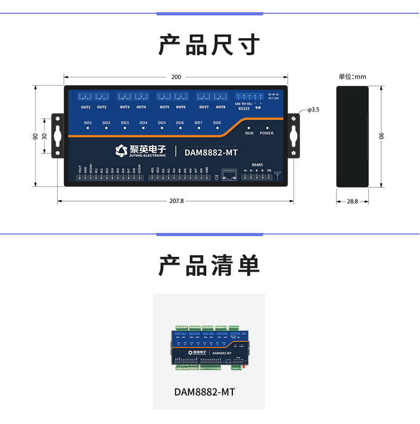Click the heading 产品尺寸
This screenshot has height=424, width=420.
[x=209, y=45]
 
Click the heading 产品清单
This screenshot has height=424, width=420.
[x=209, y=265]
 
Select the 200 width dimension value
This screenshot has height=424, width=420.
[x=176, y=77]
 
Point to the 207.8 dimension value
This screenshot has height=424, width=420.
[x=176, y=201]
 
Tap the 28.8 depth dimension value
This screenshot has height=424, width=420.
[x=352, y=202]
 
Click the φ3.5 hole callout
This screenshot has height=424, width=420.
[x=314, y=110]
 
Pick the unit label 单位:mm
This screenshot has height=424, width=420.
[x=352, y=77]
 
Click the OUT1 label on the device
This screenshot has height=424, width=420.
[x=86, y=107]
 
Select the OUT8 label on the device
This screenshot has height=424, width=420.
[x=220, y=107]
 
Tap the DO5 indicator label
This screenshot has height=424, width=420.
[x=162, y=123]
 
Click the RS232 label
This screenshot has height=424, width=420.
[x=244, y=109]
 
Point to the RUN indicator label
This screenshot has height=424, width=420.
[x=249, y=133]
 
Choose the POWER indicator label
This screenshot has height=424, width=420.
[x=266, y=133]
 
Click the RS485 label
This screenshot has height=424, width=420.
[x=257, y=165]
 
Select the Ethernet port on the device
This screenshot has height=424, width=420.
[x=229, y=175]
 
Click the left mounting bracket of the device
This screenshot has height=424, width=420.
[x=57, y=135]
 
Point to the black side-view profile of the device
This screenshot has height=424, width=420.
[x=352, y=135]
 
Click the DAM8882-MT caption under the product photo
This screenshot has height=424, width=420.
[x=205, y=392]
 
